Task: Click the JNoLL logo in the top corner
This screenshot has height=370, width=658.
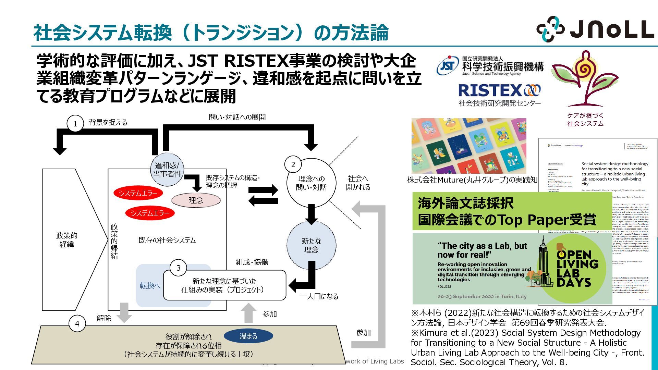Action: click(x=595, y=29)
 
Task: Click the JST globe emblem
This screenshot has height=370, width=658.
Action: click(x=448, y=66)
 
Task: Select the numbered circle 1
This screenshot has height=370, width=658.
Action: click(x=75, y=124)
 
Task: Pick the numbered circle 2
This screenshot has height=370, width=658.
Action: click(x=293, y=165)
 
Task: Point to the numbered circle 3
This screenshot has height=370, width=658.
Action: click(x=178, y=268)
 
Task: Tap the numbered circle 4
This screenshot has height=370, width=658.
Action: click(x=77, y=324)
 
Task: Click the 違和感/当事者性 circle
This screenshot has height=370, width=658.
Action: click(x=167, y=170)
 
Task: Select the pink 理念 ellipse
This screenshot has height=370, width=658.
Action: click(x=196, y=200)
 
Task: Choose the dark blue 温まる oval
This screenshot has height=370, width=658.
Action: click(x=248, y=336)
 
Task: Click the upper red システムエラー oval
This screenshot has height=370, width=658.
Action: click(x=138, y=193)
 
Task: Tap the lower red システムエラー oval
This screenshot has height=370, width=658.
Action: click(x=150, y=213)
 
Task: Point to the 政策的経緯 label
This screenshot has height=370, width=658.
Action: click(x=67, y=240)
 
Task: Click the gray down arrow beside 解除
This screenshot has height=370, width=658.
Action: click(x=124, y=312)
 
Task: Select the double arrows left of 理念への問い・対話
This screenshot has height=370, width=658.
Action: click(x=263, y=195)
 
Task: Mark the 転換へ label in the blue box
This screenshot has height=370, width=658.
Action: click(x=150, y=285)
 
